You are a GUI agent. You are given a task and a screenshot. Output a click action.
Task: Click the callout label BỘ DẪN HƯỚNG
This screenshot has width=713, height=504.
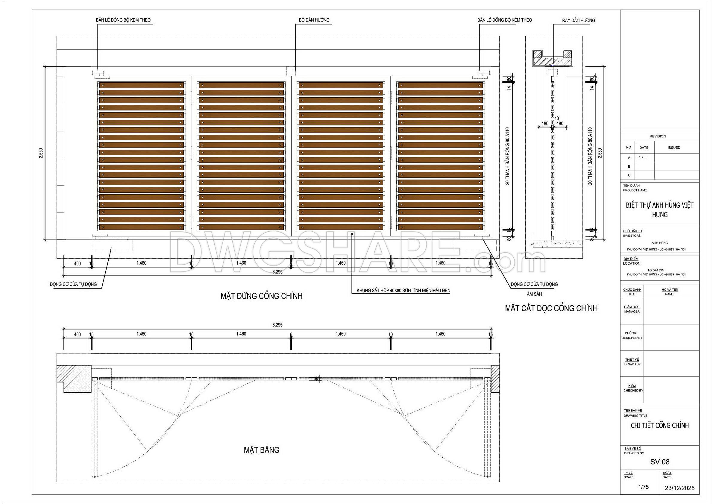click(314, 20)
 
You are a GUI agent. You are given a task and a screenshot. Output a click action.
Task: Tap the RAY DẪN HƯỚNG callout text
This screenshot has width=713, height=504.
click(579, 20)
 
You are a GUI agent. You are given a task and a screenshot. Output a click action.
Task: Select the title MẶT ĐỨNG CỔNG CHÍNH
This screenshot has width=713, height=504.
click(262, 296)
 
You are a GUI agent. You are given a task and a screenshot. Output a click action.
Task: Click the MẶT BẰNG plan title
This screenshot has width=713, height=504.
click(262, 450)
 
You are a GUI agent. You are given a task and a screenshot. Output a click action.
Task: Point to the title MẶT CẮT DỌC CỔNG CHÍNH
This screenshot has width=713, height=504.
click(551, 308)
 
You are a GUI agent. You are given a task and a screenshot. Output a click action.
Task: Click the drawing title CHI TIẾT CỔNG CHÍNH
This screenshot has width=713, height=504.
click(660, 425)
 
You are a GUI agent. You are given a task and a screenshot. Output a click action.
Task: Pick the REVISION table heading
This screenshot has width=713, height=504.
click(657, 136)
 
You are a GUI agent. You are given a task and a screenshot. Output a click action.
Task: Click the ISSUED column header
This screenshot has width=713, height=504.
click(674, 148)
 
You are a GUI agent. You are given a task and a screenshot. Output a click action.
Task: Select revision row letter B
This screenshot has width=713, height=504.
click(629, 166)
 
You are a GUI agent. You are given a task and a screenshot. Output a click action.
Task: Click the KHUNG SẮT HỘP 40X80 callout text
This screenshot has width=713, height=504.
click(403, 291)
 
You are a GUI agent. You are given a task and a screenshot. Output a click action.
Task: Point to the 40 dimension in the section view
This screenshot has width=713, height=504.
click(556, 118)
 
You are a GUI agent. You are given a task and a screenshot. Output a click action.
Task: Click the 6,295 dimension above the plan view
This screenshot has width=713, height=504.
click(277, 325)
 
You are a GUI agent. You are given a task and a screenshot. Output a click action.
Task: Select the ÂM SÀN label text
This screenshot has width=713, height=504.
click(534, 294)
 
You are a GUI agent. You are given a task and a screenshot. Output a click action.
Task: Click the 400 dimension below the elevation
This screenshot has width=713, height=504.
click(77, 264)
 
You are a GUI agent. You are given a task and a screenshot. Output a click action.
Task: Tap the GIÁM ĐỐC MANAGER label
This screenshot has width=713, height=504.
click(632, 309)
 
